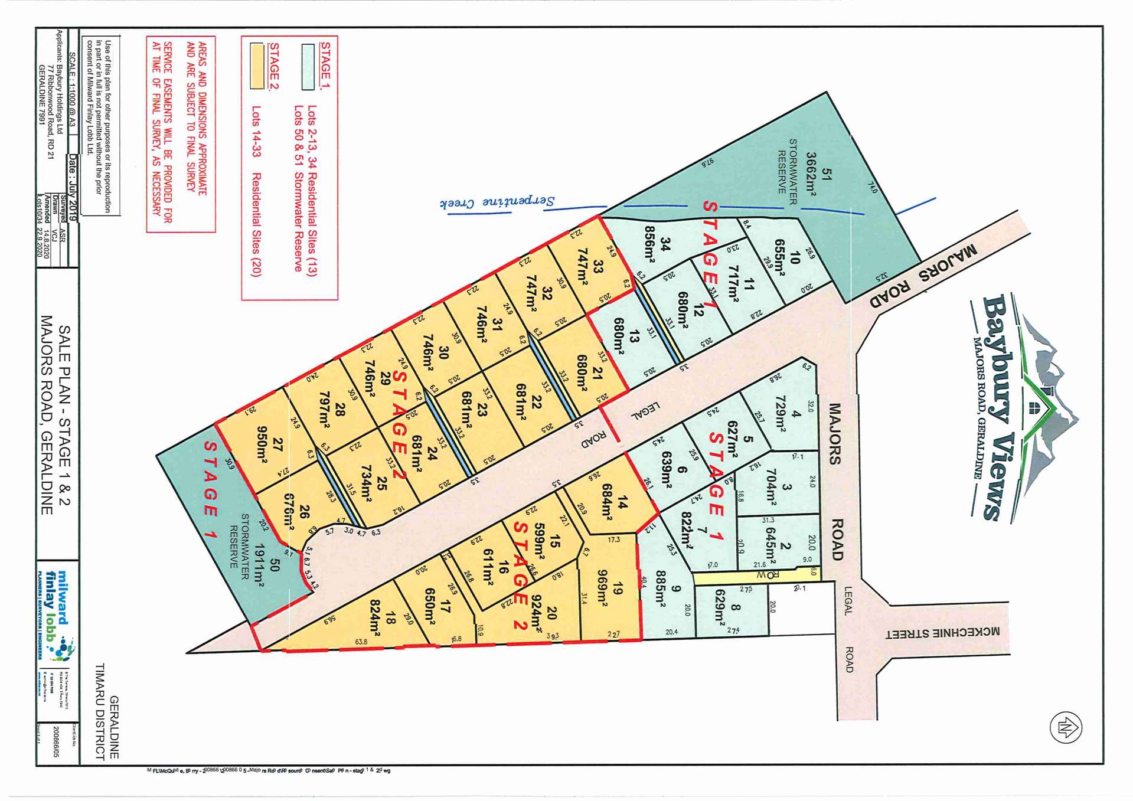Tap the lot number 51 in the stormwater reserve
(x=827, y=175)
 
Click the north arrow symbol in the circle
(x=1066, y=727)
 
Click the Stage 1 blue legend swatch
(x=308, y=67)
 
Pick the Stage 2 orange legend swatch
(x=257, y=66)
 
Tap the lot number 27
(x=277, y=444)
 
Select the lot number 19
(x=618, y=589)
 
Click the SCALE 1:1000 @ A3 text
(x=73, y=90)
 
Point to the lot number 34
(x=665, y=244)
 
